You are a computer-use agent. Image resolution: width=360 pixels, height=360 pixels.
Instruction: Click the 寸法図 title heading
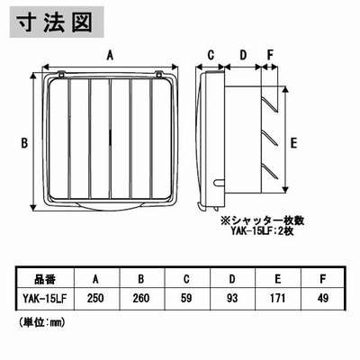(55, 22)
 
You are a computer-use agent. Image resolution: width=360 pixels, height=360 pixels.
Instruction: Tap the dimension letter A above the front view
(111, 55)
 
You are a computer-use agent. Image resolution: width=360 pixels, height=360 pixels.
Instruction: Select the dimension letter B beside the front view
(24, 143)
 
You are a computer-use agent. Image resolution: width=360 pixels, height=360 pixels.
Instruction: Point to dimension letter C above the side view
(211, 55)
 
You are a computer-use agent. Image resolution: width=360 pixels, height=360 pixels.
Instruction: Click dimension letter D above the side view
(243, 55)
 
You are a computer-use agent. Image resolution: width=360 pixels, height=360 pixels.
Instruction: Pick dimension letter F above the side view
(270, 55)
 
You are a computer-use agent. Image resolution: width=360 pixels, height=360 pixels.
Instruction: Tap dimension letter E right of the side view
(293, 143)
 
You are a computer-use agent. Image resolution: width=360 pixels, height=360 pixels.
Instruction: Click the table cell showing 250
(95, 298)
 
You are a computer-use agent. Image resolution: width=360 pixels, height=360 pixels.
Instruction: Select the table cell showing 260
(141, 298)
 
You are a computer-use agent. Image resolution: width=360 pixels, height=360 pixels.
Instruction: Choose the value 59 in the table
(186, 298)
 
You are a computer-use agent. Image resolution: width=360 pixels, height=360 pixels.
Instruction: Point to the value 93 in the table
(232, 298)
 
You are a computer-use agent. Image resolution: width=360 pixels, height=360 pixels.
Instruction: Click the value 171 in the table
(278, 298)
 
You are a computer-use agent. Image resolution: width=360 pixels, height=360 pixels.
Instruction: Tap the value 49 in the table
(323, 298)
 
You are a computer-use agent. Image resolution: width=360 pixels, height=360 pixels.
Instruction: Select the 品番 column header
(45, 279)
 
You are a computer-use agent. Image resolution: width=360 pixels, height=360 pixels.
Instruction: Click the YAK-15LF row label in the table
(45, 298)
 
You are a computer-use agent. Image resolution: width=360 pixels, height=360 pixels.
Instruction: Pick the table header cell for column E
(278, 279)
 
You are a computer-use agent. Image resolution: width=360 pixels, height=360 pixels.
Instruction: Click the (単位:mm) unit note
(42, 322)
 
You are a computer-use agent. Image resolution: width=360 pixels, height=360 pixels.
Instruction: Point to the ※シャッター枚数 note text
(263, 221)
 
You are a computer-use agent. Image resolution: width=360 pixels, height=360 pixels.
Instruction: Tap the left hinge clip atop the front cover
(61, 73)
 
